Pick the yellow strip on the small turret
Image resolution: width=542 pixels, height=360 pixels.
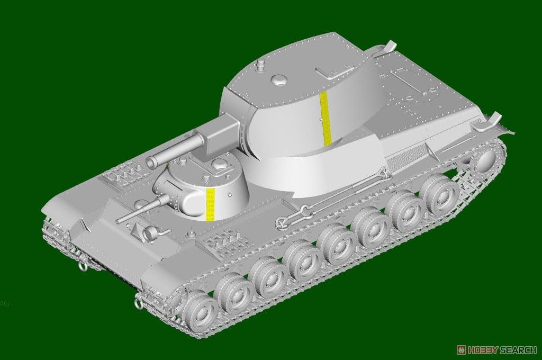(211, 202)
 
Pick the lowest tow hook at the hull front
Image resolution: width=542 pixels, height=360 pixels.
(138, 302)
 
